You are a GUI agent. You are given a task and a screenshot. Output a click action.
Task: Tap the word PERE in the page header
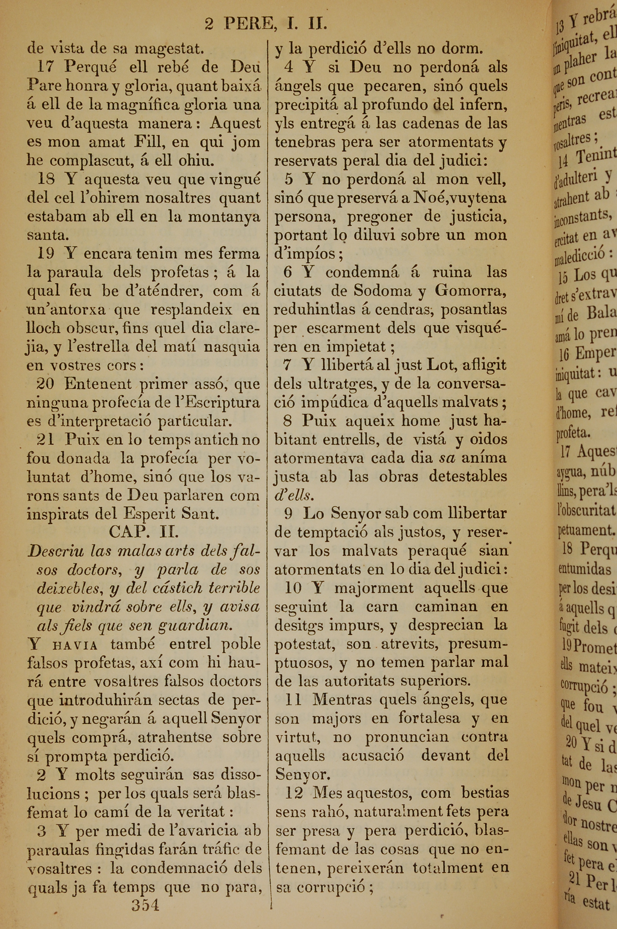pyautogui.click(x=248, y=24)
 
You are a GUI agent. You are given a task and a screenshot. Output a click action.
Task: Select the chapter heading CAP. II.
pyautogui.click(x=144, y=532)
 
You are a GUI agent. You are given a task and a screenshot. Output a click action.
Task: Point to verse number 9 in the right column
pyautogui.click(x=288, y=514)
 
